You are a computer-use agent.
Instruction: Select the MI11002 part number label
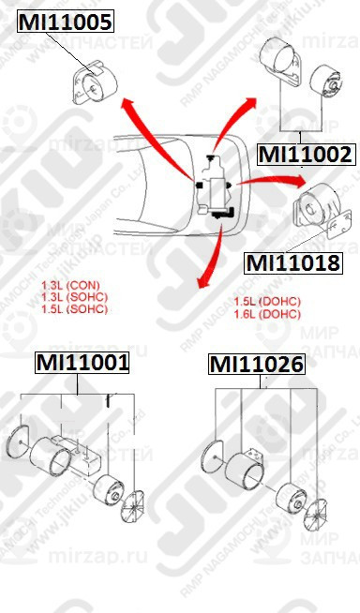pos(305,154)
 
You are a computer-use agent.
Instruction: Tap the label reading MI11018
pos(292,262)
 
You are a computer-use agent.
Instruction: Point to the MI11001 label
pos(82,362)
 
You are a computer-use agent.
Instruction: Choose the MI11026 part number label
pos(256,363)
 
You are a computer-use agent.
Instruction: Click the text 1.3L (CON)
pos(70,285)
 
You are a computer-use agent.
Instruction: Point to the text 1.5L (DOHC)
pos(265,302)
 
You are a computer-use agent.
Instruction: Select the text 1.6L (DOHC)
pos(265,314)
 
